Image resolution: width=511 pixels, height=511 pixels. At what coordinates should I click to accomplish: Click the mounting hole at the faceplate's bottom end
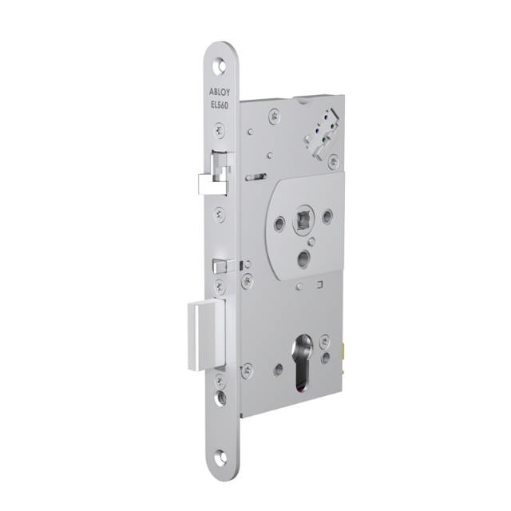coord(220,457)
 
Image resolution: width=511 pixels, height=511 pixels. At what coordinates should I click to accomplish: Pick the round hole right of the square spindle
coord(327,216)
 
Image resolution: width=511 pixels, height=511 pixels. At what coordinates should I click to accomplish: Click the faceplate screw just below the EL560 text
coord(220,129)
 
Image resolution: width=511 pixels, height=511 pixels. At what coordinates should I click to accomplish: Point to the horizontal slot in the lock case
coord(255,177)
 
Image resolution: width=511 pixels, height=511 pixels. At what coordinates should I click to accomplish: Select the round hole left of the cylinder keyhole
coord(278,369)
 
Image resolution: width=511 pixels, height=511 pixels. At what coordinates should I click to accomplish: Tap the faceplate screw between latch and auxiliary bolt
coord(220,214)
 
